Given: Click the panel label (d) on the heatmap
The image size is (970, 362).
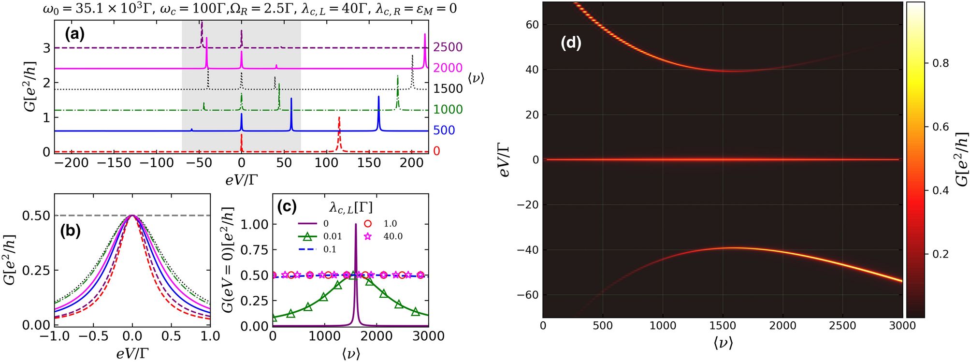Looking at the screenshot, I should point(571,43).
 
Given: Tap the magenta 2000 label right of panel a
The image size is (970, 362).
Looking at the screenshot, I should point(448,68).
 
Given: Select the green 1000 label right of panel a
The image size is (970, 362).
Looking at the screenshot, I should point(448,110).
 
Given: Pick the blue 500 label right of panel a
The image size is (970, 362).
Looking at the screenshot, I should point(444,130).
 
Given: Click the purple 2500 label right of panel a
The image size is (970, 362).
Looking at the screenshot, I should point(448,47).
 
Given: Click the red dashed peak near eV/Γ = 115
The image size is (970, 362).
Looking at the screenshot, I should point(339,119).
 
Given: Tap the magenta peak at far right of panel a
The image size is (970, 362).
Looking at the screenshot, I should point(425,35).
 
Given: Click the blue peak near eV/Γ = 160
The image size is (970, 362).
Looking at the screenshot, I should point(378,98).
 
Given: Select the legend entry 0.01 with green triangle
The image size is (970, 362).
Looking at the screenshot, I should point(332,236).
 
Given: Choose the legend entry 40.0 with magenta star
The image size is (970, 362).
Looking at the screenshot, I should point(392,236).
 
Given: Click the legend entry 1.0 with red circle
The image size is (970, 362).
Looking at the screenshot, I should point(390,224).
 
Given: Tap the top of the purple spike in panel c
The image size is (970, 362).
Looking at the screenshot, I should point(356,225).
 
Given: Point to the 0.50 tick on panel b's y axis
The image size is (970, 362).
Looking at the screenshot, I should point(36,216).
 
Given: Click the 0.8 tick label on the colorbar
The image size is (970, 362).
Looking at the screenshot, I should point(940,63).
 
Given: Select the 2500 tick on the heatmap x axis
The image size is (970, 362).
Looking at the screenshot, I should point(842,326).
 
